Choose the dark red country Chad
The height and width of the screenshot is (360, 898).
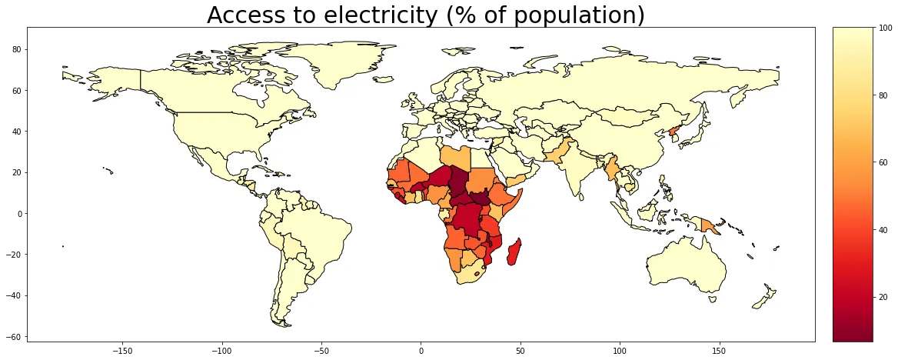458,182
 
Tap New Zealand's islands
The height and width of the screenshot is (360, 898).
766,297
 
